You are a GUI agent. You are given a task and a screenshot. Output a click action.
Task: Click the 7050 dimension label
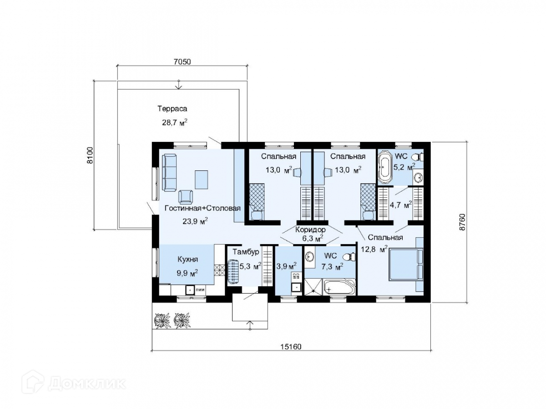(x=182, y=62)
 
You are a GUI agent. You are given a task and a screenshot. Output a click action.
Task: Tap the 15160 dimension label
(x=291, y=346)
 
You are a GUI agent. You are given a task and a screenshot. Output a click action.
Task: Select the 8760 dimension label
(x=461, y=222)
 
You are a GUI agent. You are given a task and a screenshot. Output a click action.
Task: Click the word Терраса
(x=172, y=109)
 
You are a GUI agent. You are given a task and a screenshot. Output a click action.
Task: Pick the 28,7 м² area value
(x=175, y=122)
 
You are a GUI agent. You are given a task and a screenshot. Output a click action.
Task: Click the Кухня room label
(x=188, y=259)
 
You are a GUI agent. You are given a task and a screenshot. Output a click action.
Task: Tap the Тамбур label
(x=246, y=252)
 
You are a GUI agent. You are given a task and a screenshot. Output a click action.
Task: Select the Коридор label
(x=310, y=229)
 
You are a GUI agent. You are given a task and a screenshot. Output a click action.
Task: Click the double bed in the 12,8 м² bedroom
(x=405, y=265)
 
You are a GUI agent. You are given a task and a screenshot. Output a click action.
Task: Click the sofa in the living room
(x=169, y=173)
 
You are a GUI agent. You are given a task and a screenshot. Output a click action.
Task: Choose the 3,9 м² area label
(x=286, y=266)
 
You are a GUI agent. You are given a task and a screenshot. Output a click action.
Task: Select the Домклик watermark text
(x=87, y=384)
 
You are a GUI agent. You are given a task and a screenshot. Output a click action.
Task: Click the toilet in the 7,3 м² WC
(x=349, y=256)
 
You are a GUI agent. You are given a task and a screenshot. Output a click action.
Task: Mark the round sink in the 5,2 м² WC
(x=418, y=178)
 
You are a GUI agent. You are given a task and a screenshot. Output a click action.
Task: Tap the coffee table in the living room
(x=201, y=180)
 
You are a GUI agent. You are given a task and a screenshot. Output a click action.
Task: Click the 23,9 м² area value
(x=195, y=221)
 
